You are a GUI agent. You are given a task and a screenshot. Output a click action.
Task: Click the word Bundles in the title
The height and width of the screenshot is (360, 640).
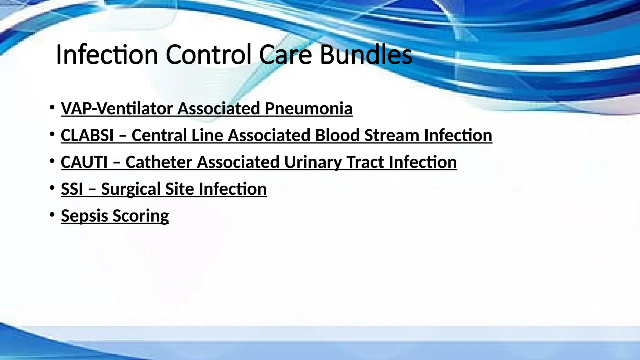click(x=366, y=55)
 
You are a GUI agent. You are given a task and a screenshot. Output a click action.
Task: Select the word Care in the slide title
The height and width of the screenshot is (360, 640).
click(x=285, y=55)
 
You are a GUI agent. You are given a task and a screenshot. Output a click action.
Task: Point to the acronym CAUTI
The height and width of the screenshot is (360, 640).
click(x=84, y=162)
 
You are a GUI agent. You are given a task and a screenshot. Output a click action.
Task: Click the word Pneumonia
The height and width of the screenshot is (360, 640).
click(x=309, y=109)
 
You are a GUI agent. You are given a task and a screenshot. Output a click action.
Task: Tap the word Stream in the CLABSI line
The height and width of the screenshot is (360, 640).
click(x=392, y=136)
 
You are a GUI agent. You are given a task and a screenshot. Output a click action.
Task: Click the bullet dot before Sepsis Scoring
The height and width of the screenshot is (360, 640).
click(x=52, y=215)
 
